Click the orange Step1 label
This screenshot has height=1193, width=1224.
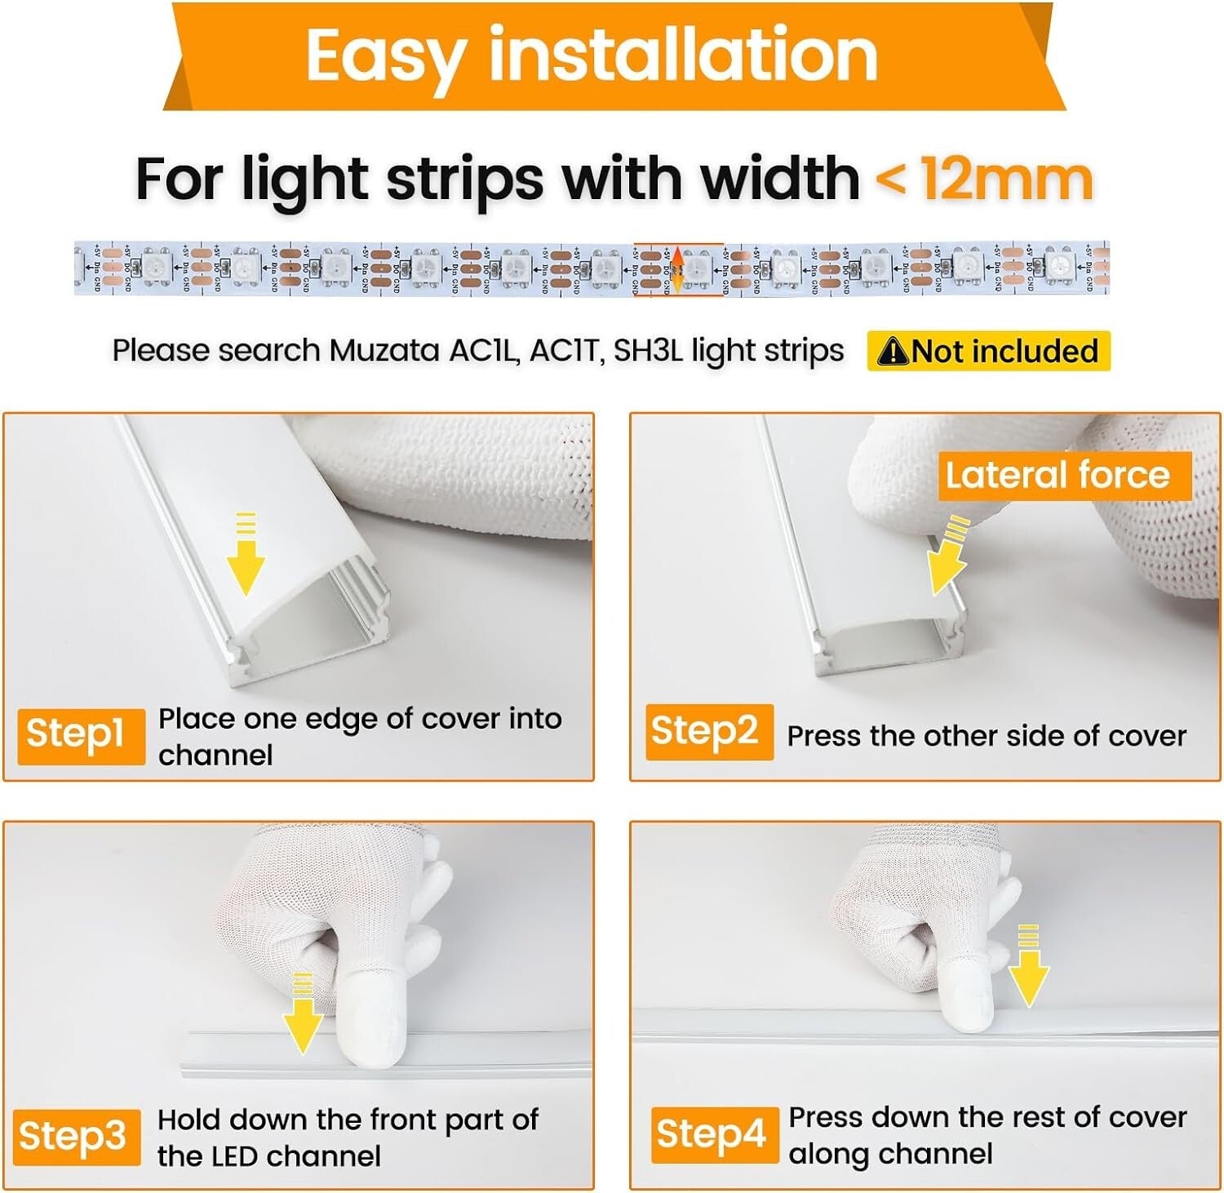(x=80, y=734)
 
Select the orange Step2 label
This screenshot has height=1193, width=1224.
(x=708, y=731)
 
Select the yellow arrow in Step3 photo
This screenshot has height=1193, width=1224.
(x=303, y=1016)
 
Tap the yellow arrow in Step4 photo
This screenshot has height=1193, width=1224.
(x=1028, y=969)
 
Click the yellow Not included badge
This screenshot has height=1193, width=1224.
(x=988, y=352)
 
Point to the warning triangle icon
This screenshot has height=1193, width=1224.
(x=894, y=353)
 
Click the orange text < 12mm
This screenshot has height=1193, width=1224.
(x=983, y=180)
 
